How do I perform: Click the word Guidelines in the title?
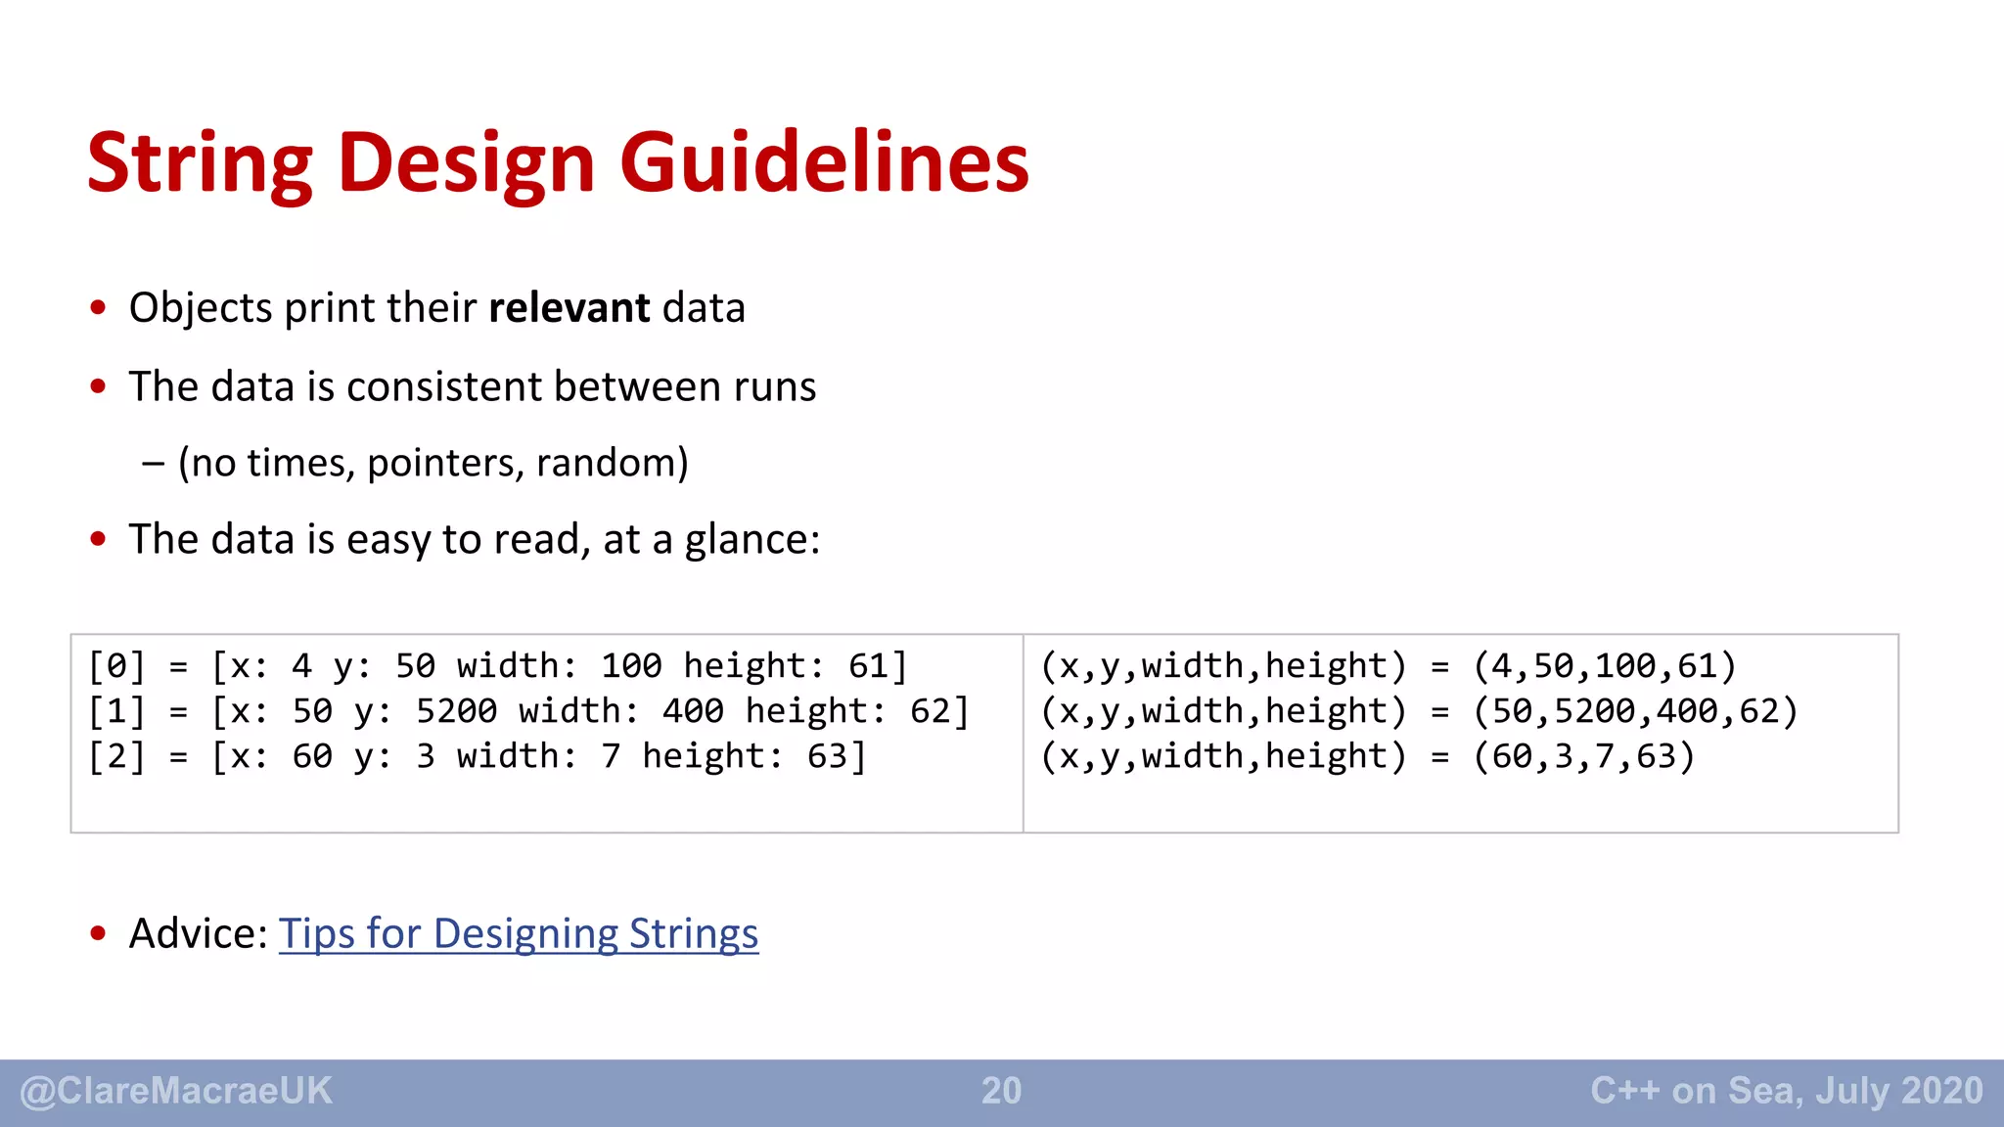pos(824,162)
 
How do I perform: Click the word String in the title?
pos(200,164)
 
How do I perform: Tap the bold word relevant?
pos(569,308)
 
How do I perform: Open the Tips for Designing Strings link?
pos(519,933)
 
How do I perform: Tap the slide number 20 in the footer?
pos(1001,1091)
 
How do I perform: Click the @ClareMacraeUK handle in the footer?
pos(176,1091)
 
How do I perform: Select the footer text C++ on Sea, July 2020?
pos(1786,1091)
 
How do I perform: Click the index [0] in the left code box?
pos(116,666)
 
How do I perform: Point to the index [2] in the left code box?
pos(116,756)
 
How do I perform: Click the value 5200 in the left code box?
pos(456,711)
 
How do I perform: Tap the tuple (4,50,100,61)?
pos(1605,666)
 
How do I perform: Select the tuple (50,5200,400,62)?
pos(1635,711)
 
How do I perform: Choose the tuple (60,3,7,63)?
pos(1584,756)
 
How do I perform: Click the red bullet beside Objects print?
pos(98,308)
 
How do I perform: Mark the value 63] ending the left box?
pos(837,756)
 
